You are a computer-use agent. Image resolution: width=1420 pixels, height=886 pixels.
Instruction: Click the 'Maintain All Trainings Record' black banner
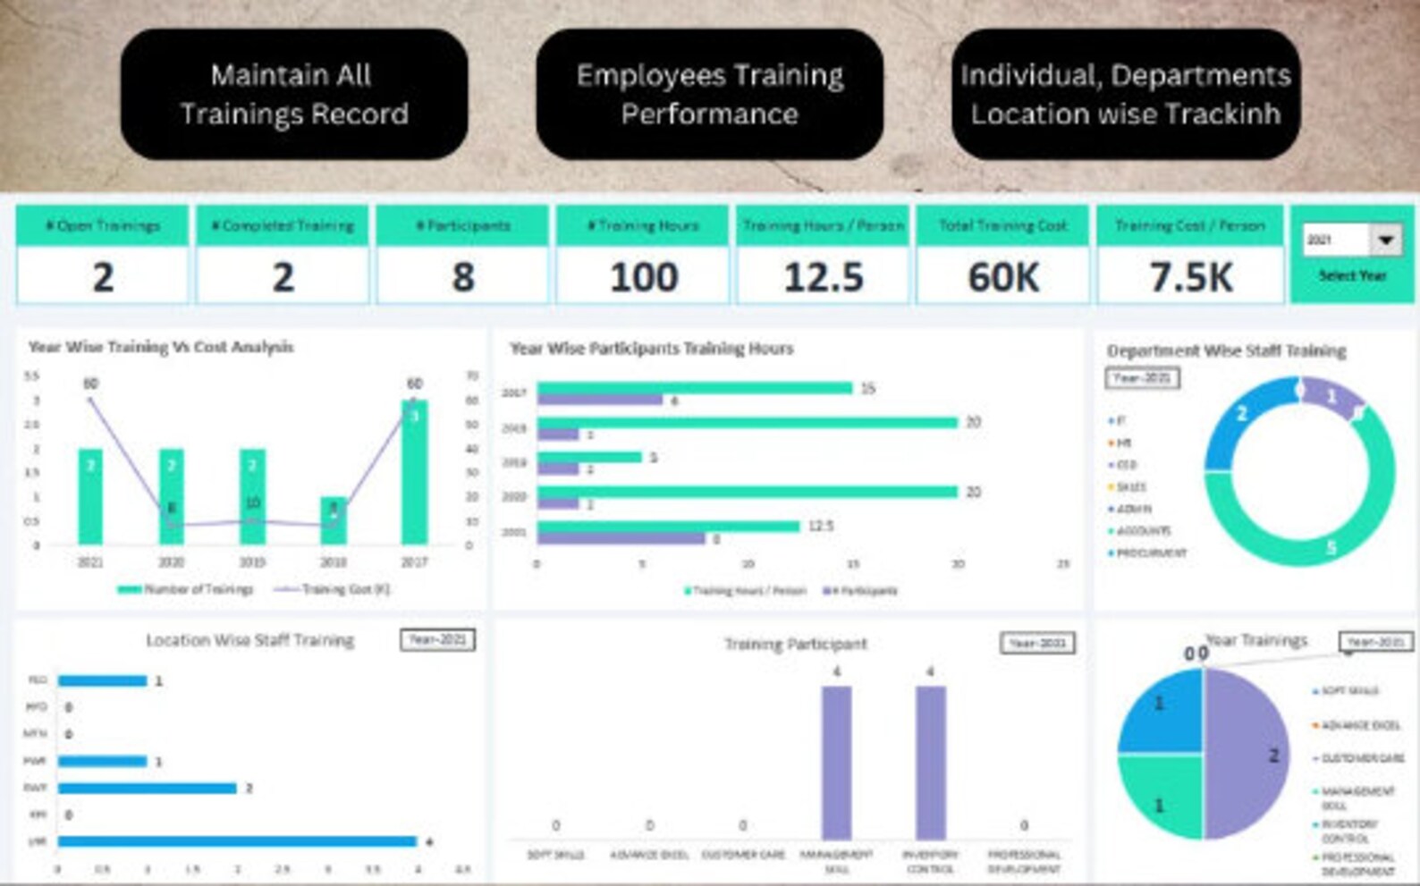tap(293, 94)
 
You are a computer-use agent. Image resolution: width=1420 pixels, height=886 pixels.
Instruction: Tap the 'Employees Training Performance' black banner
tap(709, 94)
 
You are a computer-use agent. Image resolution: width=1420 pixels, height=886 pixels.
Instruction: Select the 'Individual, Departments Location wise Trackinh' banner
tap(1125, 94)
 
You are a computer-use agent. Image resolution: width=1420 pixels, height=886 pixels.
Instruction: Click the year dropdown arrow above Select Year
tap(1385, 240)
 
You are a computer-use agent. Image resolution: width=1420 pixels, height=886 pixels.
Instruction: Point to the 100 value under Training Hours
tap(643, 277)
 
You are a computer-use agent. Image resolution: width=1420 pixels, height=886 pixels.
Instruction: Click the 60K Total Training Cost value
tap(1002, 277)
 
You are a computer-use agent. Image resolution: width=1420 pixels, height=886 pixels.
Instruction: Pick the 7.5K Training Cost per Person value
tap(1190, 277)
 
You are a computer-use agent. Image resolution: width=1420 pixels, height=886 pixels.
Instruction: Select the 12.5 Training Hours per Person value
tap(823, 277)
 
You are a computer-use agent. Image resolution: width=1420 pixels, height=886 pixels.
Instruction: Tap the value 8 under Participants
tap(462, 277)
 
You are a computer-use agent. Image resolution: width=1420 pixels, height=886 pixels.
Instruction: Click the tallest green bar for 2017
tap(414, 474)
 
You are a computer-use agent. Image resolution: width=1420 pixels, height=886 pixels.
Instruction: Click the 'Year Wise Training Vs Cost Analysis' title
tap(161, 347)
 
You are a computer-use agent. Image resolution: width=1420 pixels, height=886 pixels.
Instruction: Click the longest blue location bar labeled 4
tap(237, 841)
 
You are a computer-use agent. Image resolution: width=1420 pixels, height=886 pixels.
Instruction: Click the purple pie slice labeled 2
tap(1247, 755)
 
